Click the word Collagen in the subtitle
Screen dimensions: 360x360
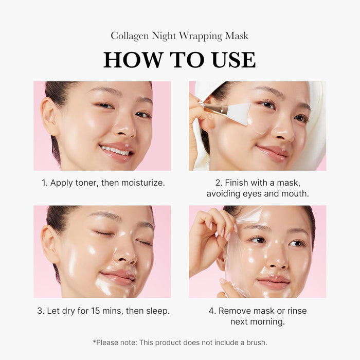[x=129, y=35]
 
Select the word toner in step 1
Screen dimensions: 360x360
[x=86, y=183]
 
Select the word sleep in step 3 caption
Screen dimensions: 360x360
[x=157, y=311]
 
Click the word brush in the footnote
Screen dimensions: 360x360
[x=256, y=342]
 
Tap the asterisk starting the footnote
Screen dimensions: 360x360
[x=94, y=341]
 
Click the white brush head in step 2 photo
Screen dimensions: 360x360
[x=238, y=114]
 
